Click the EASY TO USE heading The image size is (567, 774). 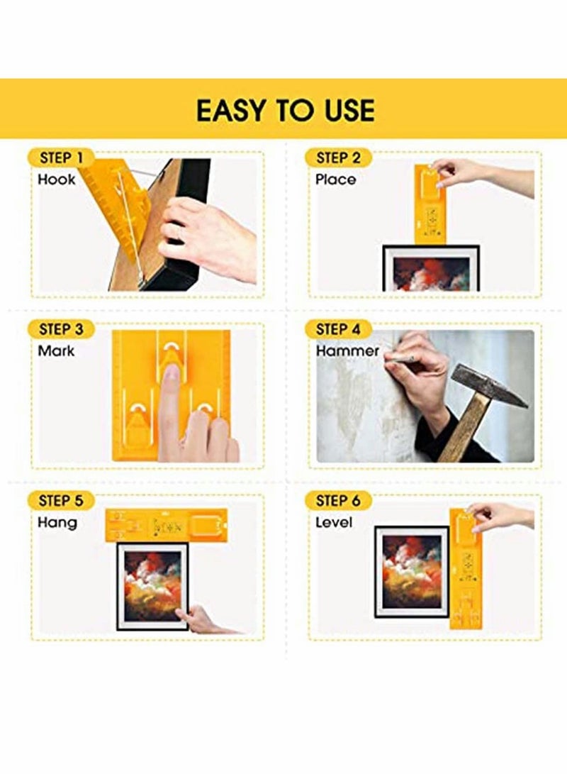(285, 110)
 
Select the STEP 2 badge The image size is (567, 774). (338, 157)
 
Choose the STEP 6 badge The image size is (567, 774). (338, 501)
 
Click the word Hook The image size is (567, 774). (57, 179)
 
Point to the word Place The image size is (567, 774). (335, 179)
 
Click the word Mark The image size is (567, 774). (56, 350)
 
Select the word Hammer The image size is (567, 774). (347, 350)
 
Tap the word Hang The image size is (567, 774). (57, 523)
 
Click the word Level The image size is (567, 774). (334, 523)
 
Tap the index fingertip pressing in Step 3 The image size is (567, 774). (170, 376)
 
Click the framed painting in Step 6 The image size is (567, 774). (412, 570)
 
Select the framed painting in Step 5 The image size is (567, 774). (153, 586)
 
